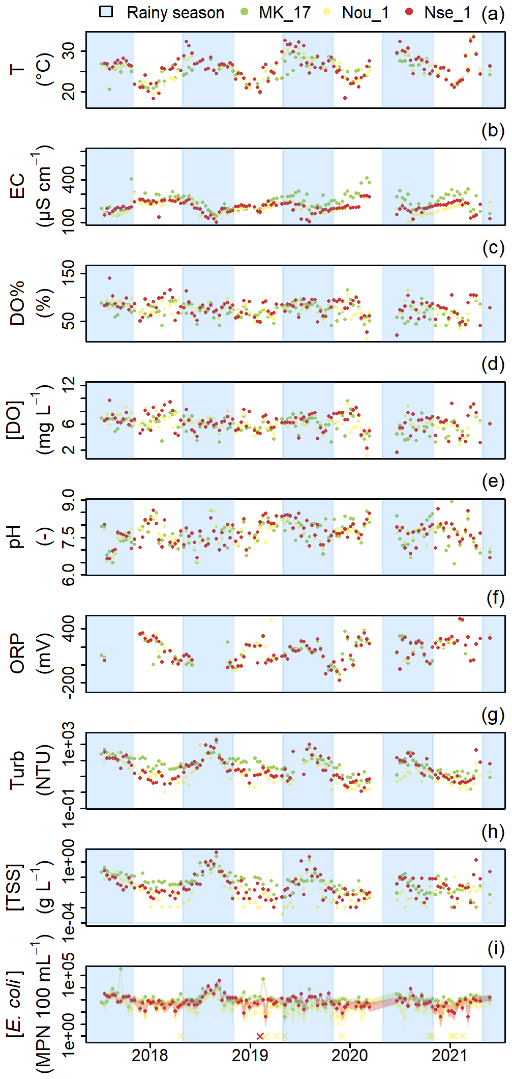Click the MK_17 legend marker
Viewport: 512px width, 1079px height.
tap(245, 12)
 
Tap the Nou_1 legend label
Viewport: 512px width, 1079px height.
tap(365, 13)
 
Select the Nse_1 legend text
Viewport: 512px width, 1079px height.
tap(447, 13)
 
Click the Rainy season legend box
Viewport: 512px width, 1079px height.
tap(106, 12)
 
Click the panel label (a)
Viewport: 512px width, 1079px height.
tap(493, 13)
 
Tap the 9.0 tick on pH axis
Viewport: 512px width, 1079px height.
tap(68, 501)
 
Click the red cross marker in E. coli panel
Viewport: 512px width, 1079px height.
tap(260, 1036)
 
